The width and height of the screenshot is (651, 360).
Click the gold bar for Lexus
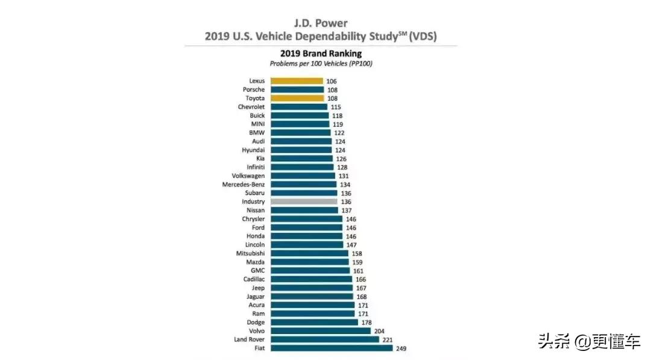pos(297,81)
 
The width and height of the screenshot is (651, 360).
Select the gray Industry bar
pos(304,201)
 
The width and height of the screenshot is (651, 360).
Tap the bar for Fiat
pos(332,348)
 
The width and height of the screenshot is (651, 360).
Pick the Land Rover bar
pos(325,339)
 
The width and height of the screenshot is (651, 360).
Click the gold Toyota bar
pos(297,98)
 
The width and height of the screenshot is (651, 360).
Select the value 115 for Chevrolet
pos(336,107)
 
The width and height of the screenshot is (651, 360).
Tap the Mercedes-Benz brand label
pos(243,185)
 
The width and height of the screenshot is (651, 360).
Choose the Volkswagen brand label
pos(248,175)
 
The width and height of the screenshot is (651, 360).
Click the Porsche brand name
pos(254,89)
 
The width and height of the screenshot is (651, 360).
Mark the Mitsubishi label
pos(250,253)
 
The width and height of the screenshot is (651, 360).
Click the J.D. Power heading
pos(320,23)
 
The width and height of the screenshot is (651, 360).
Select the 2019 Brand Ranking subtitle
pos(320,54)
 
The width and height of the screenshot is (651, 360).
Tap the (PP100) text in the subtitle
pos(360,63)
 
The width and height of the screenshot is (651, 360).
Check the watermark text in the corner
pos(590,342)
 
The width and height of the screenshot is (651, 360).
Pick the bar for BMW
pos(300,133)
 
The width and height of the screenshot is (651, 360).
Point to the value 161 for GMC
pos(359,271)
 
